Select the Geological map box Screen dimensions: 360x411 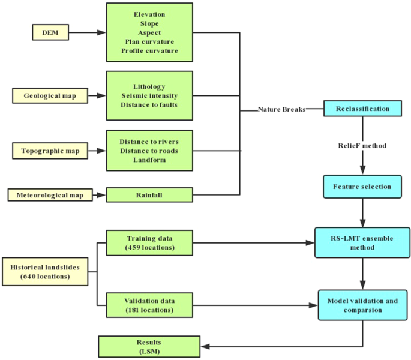[x=50, y=95]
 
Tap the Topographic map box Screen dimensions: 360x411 [x=50, y=151]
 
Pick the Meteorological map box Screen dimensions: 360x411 [x=50, y=194]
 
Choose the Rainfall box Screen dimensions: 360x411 [x=149, y=194]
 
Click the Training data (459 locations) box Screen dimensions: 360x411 [x=149, y=242]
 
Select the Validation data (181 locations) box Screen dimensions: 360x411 [x=149, y=305]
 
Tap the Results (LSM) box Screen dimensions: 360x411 [x=149, y=346]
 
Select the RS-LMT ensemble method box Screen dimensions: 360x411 [x=362, y=242]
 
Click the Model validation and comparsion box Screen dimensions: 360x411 [x=362, y=305]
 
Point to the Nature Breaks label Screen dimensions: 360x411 [x=282, y=110]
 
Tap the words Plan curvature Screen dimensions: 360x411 [x=149, y=42]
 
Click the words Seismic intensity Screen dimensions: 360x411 [x=149, y=96]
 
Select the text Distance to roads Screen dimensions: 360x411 [x=149, y=151]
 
